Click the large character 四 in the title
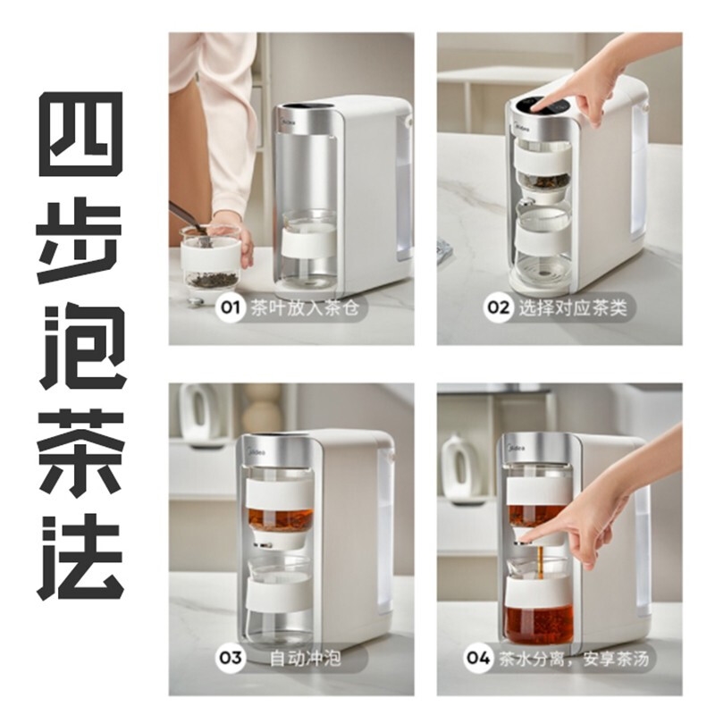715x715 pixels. (x=80, y=134)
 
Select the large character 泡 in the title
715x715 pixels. (x=80, y=349)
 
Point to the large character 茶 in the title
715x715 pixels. (x=80, y=455)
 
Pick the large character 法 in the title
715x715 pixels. (x=80, y=558)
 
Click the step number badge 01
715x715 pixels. (x=230, y=307)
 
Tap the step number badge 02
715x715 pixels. (x=498, y=307)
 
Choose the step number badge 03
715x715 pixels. (x=230, y=658)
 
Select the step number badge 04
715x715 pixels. (x=477, y=658)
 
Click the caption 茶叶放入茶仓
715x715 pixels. (x=305, y=308)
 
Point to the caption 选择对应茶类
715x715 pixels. (x=573, y=308)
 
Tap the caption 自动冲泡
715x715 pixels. (x=305, y=659)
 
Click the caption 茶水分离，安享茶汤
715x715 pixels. (x=573, y=659)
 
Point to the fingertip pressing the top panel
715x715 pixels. (x=538, y=105)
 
